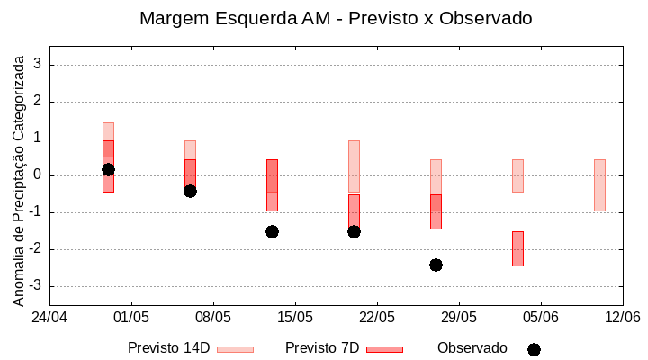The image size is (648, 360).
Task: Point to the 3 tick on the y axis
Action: point(39,65)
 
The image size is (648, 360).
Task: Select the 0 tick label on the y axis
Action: point(39,175)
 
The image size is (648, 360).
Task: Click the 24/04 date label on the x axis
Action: point(49,317)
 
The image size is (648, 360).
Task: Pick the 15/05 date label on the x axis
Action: point(294,317)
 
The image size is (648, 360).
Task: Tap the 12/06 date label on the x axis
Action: point(622,317)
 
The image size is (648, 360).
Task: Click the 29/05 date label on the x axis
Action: point(458,317)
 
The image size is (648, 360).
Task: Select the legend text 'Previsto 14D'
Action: point(168,348)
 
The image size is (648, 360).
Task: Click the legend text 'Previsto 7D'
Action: point(322,348)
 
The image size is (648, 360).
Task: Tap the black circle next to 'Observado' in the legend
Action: point(534,349)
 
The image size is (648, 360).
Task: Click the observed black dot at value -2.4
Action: point(436,265)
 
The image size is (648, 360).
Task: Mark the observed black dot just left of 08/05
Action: point(190,191)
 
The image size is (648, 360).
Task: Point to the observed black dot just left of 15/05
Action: point(272,231)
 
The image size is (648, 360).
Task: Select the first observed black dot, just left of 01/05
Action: point(108,169)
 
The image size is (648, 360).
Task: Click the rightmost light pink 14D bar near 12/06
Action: point(599,185)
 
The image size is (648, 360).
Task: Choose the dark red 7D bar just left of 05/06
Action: point(517,248)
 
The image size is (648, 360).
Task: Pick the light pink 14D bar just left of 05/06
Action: point(517,175)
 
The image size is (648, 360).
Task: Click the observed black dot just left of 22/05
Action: point(354,231)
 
